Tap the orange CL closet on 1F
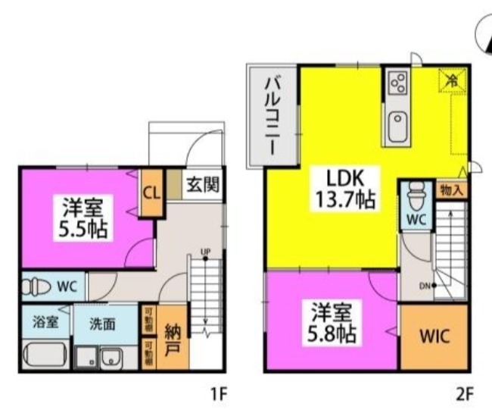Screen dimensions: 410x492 click(x=151, y=192)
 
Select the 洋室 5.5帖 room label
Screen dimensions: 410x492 click(x=83, y=216)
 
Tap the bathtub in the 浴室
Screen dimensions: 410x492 click(x=46, y=355)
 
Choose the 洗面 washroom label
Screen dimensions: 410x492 click(x=102, y=324)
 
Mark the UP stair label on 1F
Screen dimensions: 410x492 click(x=205, y=252)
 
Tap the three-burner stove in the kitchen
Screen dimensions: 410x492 click(x=398, y=81)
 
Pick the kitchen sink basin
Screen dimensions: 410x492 click(x=399, y=126)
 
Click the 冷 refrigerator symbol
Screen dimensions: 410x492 click(x=453, y=79)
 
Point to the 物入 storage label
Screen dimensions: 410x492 click(x=453, y=189)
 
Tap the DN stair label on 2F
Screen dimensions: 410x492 click(x=424, y=286)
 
